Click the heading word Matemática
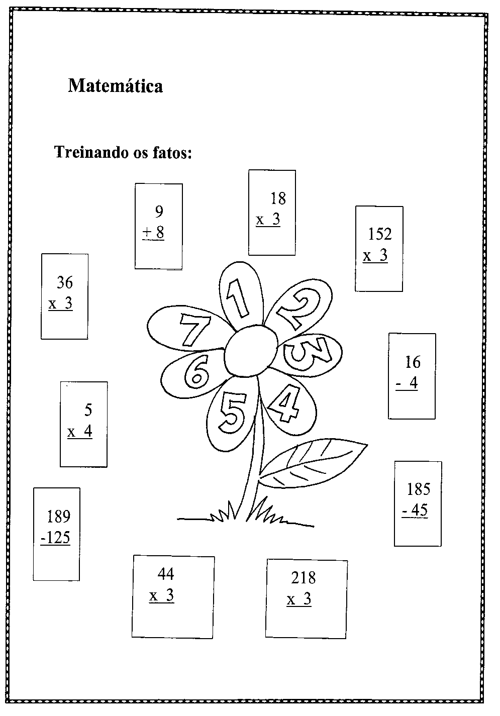pos(115,86)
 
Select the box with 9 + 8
pos(158,226)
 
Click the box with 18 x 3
pos(271,213)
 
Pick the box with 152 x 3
pos(379,248)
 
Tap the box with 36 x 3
pos(64,296)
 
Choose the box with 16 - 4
pos(412,375)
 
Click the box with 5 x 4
pos(83,424)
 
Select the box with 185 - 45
pos(418,503)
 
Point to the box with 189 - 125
pos(56,534)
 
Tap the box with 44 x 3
pos(173,596)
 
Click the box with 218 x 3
pos(306,598)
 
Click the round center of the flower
pos(250,350)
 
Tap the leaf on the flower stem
pos(312,464)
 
